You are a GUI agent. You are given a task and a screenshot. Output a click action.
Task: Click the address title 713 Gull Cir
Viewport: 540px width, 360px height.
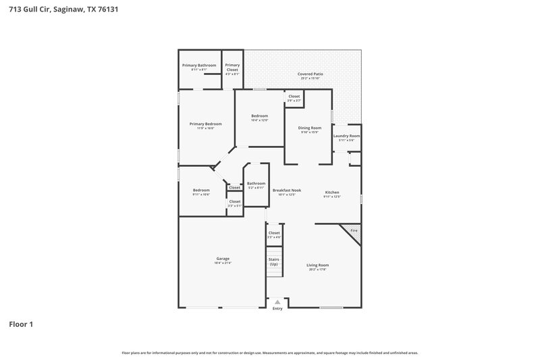(x=50, y=10)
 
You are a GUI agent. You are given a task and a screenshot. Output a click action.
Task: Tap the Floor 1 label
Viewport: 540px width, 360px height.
(x=21, y=324)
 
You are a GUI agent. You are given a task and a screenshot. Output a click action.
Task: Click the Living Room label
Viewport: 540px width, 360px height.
(x=317, y=265)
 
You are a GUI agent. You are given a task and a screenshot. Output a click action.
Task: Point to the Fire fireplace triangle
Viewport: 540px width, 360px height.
(x=353, y=231)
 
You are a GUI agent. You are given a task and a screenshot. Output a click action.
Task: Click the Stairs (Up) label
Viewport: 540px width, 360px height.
(x=273, y=261)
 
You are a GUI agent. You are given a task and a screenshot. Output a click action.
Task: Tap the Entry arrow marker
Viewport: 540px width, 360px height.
(x=277, y=303)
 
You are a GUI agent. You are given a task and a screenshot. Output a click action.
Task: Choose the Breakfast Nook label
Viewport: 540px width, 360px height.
(x=287, y=190)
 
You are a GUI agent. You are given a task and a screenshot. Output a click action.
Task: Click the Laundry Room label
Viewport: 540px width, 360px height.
(x=346, y=136)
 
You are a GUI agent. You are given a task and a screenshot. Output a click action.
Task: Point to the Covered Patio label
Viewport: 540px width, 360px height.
(x=310, y=74)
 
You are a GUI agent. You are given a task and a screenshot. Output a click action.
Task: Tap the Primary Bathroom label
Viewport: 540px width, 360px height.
(x=199, y=66)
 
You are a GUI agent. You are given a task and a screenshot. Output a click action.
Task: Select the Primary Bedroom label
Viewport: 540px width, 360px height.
(x=205, y=124)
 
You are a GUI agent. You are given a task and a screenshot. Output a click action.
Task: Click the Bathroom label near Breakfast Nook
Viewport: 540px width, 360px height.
(x=256, y=183)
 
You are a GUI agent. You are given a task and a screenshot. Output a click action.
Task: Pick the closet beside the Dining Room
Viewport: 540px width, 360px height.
(x=294, y=97)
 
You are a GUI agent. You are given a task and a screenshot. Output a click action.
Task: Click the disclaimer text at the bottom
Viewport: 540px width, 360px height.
(x=270, y=353)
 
